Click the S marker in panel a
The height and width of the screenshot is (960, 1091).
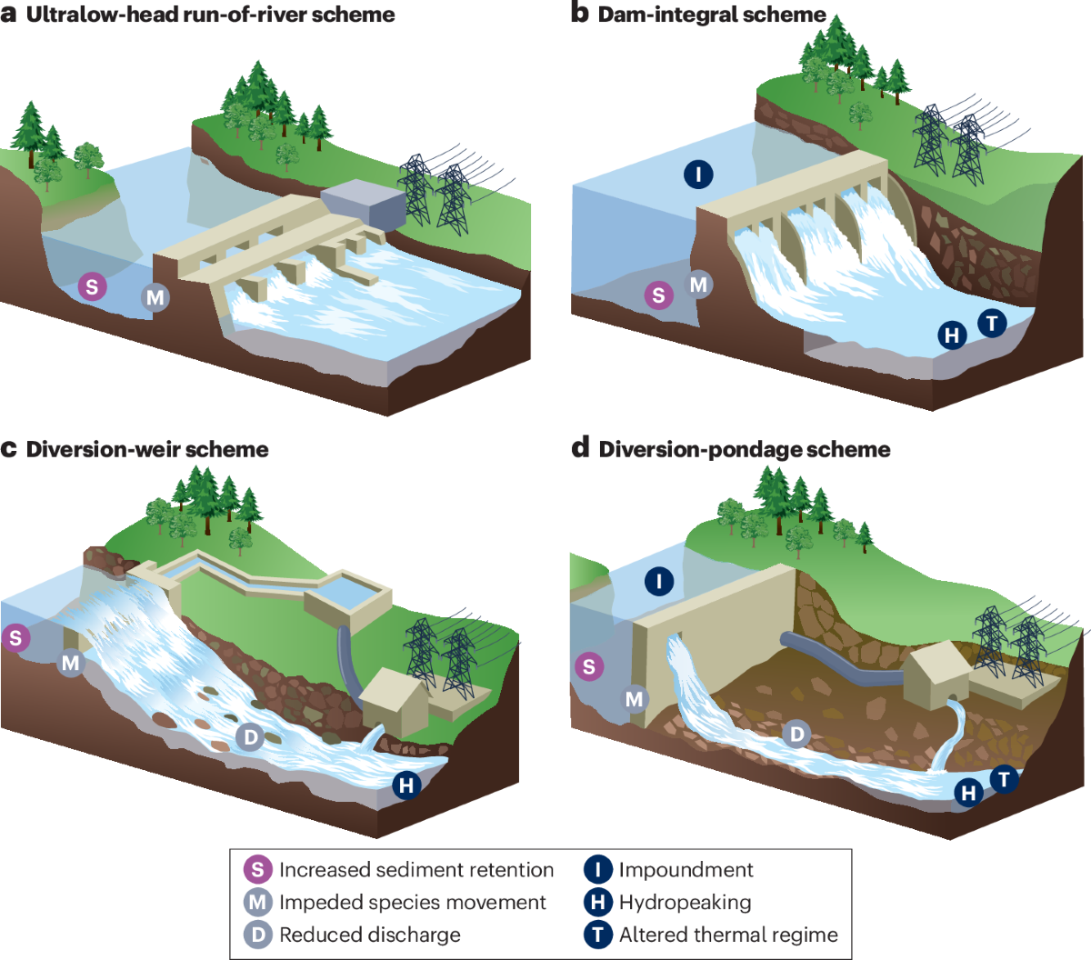(x=91, y=287)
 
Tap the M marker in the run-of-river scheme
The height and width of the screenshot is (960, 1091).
(x=155, y=297)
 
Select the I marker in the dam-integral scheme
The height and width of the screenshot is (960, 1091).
(x=698, y=174)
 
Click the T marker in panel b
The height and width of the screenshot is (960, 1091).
(x=992, y=323)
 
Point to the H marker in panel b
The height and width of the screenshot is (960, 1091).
(x=952, y=335)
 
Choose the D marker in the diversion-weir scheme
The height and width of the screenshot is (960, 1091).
(x=251, y=736)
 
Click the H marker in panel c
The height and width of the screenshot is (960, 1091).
(x=406, y=785)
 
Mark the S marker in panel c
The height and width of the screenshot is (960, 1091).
(x=15, y=637)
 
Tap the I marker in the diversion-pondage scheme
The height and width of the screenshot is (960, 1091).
(x=659, y=581)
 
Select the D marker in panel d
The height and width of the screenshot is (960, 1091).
(x=796, y=734)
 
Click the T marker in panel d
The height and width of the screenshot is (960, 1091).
(x=1004, y=779)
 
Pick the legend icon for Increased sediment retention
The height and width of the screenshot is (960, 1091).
(x=258, y=870)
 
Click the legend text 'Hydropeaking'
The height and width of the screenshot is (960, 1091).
(x=685, y=903)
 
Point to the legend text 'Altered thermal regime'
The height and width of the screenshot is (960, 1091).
(x=728, y=935)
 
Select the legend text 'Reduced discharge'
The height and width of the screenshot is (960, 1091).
(x=369, y=935)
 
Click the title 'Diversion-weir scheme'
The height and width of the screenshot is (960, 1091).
(x=147, y=449)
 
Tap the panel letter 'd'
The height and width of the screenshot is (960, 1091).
(x=580, y=447)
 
